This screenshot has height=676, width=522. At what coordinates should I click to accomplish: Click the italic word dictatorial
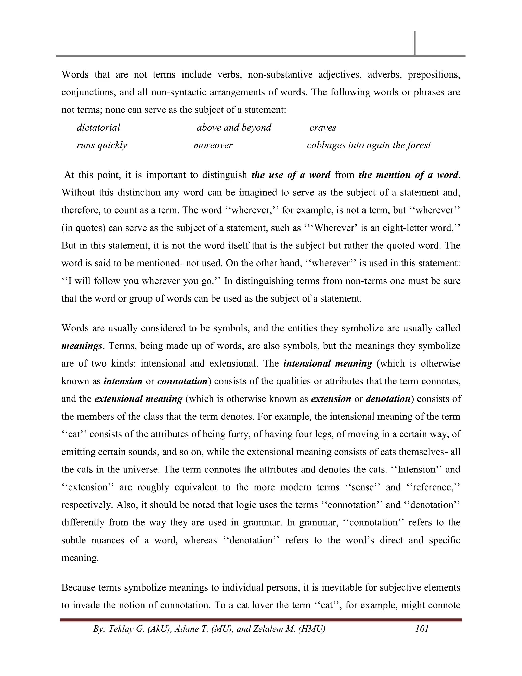click(x=98, y=128)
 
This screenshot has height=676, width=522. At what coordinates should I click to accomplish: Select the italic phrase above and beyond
click(x=234, y=128)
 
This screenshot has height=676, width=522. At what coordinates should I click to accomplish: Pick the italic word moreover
click(x=213, y=145)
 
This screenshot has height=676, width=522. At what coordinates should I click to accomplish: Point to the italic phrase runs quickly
click(x=102, y=145)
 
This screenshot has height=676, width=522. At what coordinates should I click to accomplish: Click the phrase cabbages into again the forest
click(x=369, y=145)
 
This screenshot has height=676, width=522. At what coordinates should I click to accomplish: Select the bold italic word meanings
click(x=82, y=346)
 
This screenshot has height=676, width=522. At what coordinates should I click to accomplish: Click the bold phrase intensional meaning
click(x=328, y=363)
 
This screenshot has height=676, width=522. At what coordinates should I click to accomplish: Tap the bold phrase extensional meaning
click(x=138, y=399)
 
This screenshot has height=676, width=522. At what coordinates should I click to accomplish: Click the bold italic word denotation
click(x=388, y=399)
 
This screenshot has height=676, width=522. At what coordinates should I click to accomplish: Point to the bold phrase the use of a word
click(x=291, y=175)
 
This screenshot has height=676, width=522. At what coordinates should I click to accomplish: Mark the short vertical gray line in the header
click(x=414, y=43)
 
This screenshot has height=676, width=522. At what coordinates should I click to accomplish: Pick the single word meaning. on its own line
click(x=80, y=558)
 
